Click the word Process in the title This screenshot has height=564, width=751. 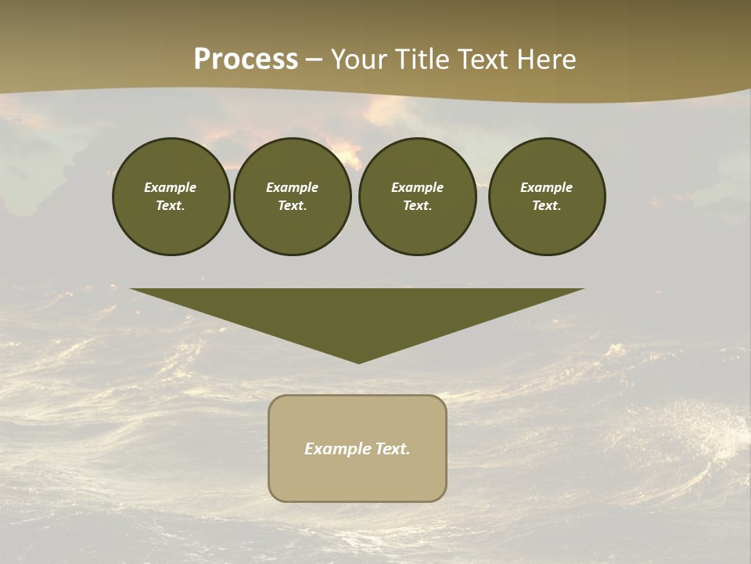click(246, 60)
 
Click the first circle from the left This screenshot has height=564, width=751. click(171, 197)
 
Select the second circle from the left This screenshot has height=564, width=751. click(292, 197)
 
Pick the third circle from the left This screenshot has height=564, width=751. click(417, 197)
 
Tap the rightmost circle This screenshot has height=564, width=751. click(547, 197)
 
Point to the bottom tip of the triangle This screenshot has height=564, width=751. click(358, 362)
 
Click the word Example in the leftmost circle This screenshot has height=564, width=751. click(171, 187)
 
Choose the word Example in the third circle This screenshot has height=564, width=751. click(417, 187)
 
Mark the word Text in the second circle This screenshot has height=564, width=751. click(291, 206)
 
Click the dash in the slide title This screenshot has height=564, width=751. click(314, 60)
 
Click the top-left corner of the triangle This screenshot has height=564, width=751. click(132, 290)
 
